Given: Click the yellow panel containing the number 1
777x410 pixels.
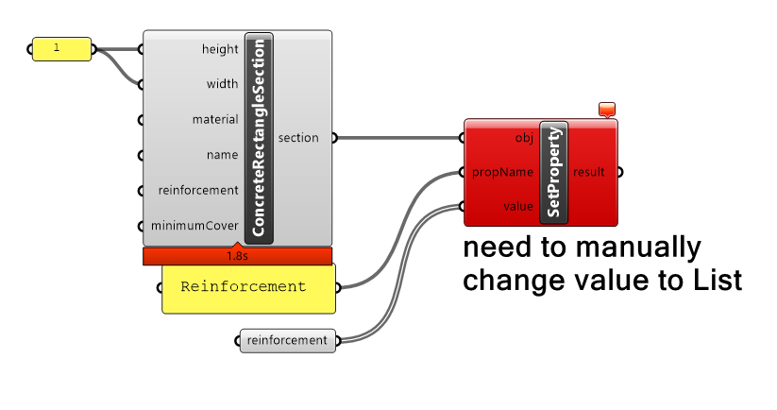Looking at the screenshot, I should tap(62, 48).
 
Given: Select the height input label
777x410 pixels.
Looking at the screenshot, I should tap(220, 49).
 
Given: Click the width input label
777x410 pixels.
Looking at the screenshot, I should tap(222, 84).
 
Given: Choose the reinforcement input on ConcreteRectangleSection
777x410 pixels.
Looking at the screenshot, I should tap(198, 190).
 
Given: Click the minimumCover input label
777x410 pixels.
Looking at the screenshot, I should tap(194, 226).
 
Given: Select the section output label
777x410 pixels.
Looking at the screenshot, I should tap(298, 138).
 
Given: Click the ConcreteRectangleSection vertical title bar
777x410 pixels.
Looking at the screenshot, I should tap(259, 137).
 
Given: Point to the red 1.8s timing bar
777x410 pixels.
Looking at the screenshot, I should tap(237, 256).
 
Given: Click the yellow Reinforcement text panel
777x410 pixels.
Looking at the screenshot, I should tap(247, 287).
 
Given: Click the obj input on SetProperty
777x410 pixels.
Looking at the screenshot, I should tap(524, 139).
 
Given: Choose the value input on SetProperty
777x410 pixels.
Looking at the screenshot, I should tap(518, 206).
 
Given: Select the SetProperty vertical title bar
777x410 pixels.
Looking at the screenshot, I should tap(553, 172).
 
